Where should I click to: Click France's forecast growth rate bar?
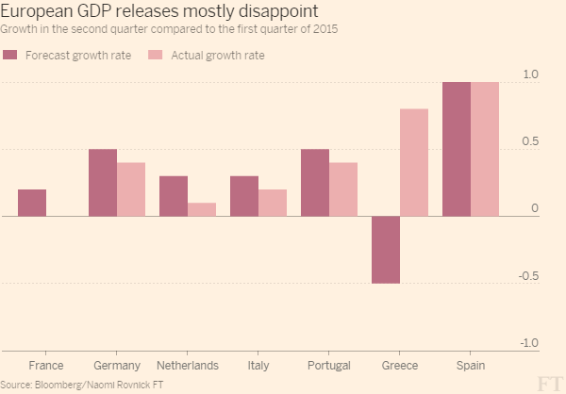pyautogui.click(x=32, y=203)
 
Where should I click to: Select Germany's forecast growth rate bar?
pyautogui.click(x=103, y=183)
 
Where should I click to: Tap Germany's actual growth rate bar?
pyautogui.click(x=131, y=189)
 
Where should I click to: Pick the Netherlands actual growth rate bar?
pyautogui.click(x=202, y=209)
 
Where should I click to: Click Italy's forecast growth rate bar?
pyautogui.click(x=244, y=196)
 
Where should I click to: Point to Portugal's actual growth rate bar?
pyautogui.click(x=343, y=189)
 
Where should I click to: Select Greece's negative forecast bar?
pyautogui.click(x=386, y=250)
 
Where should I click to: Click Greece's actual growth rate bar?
pyautogui.click(x=414, y=163)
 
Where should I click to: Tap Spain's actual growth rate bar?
pyautogui.click(x=485, y=150)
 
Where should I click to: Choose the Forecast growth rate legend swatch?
pyautogui.click(x=12, y=56)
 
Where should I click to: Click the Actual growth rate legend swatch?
pyautogui.click(x=157, y=56)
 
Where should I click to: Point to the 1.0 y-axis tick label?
pyautogui.click(x=530, y=74)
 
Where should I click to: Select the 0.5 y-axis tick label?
pyautogui.click(x=530, y=142)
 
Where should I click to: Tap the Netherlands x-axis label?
pyautogui.click(x=188, y=365)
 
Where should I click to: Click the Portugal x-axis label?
pyautogui.click(x=329, y=365)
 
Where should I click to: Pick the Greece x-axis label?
pyautogui.click(x=400, y=365)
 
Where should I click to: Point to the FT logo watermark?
pyautogui.click(x=551, y=381)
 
